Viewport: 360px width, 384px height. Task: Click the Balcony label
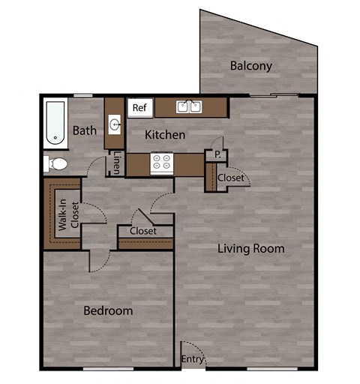(251, 66)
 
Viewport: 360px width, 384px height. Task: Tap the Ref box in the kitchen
(139, 108)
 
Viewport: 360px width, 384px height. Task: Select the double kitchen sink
(189, 107)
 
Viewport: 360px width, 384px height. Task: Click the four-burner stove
(162, 163)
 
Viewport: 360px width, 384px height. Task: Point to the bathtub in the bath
(54, 122)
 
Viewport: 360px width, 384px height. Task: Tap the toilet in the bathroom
(55, 163)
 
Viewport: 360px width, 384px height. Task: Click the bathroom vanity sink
(115, 124)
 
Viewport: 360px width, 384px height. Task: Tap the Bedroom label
(108, 310)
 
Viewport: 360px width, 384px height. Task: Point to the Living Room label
(251, 248)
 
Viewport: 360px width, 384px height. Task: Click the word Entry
(193, 360)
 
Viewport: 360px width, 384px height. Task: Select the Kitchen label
(165, 135)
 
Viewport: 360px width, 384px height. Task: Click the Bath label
(85, 130)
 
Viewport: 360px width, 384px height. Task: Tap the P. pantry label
(217, 155)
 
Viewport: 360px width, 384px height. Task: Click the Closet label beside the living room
(231, 178)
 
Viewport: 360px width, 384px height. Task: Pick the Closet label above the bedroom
(142, 231)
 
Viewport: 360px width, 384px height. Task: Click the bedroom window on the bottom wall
(103, 368)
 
